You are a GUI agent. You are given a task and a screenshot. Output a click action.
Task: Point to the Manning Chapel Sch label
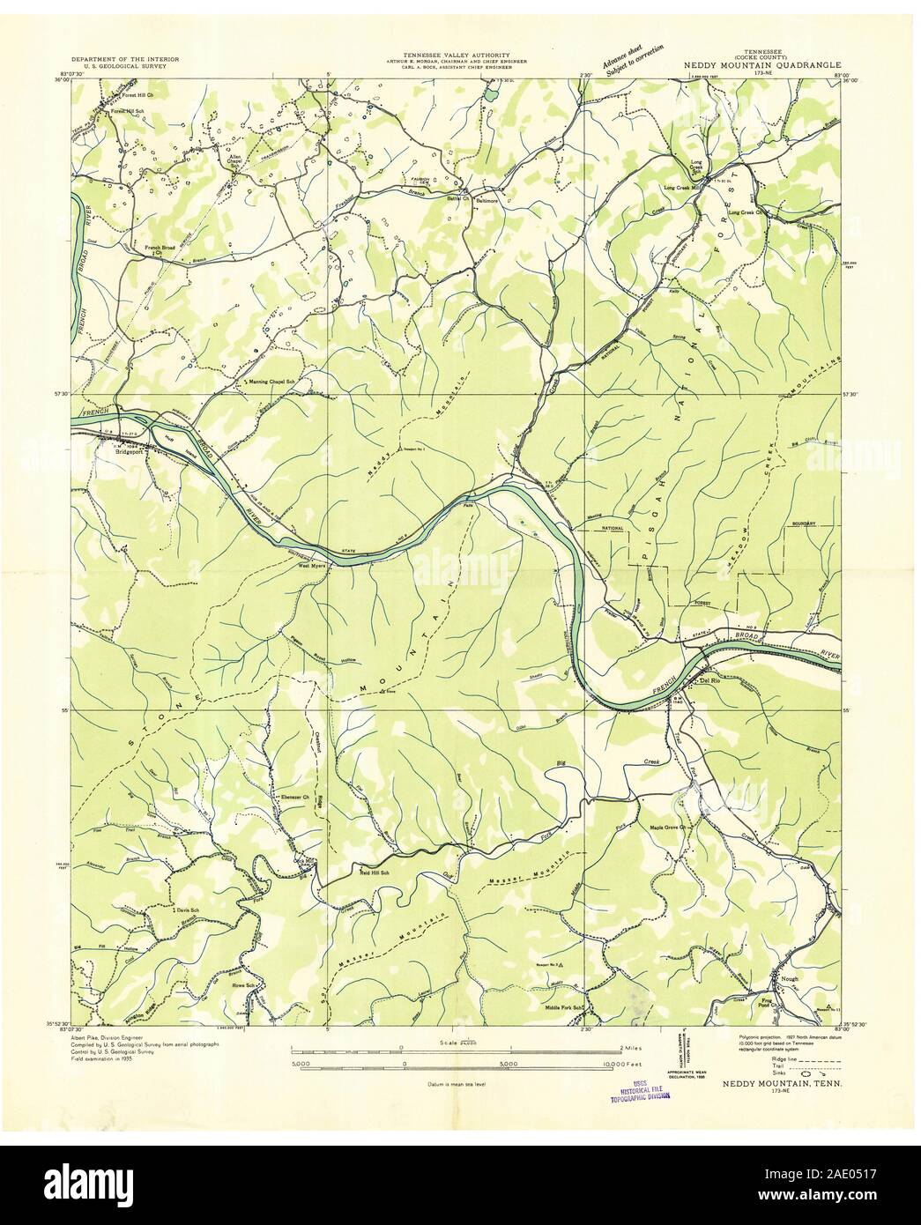pyautogui.click(x=271, y=381)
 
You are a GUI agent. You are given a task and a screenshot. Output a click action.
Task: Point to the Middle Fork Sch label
pyautogui.click(x=565, y=1007)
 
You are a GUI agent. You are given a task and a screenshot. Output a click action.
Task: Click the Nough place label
pyautogui.click(x=787, y=978)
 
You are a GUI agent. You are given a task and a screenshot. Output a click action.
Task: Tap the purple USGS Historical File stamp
pyautogui.click(x=638, y=1091)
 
